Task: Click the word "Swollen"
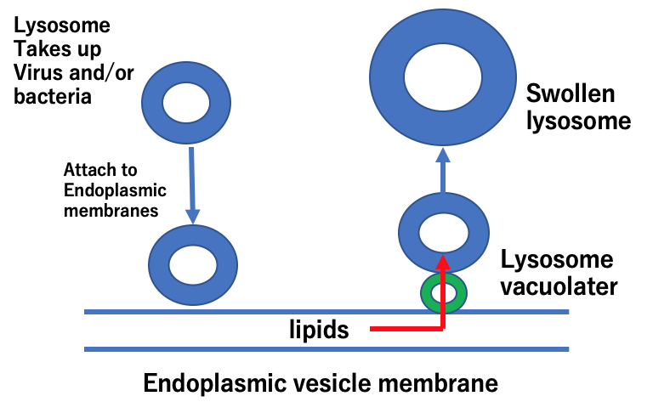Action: pyautogui.click(x=570, y=93)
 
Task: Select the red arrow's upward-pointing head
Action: pyautogui.click(x=443, y=259)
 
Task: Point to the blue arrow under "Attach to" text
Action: pyautogui.click(x=193, y=184)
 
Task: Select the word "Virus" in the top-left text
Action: pyautogui.click(x=37, y=72)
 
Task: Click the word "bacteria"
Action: pyautogui.click(x=53, y=96)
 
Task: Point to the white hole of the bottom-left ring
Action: pyautogui.click(x=193, y=263)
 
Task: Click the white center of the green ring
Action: pyautogui.click(x=443, y=294)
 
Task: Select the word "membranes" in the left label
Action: pyautogui.click(x=111, y=211)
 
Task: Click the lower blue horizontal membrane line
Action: pyautogui.click(x=326, y=348)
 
